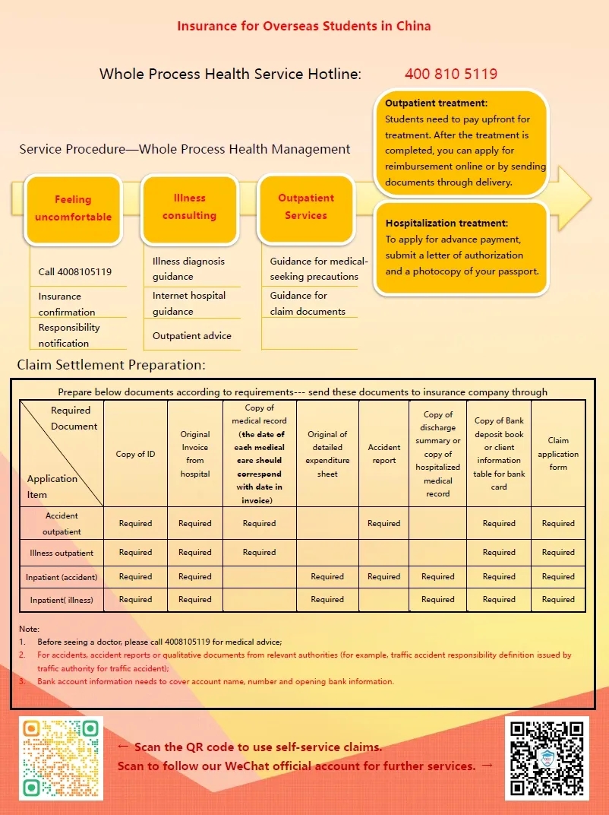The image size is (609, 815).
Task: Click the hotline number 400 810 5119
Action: tap(451, 74)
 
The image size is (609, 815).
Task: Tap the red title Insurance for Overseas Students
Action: tap(304, 26)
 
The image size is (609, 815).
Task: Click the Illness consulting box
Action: tap(189, 207)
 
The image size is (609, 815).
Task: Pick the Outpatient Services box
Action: tap(306, 207)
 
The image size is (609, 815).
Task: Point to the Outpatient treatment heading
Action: tap(436, 103)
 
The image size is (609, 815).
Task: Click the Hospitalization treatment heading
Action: tap(446, 223)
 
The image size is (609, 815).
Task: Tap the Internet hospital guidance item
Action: tap(189, 303)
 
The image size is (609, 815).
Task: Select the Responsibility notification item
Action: tap(69, 335)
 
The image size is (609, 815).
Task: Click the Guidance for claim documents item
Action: tap(308, 303)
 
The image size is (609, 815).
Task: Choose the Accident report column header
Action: tap(383, 454)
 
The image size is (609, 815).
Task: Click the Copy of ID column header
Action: tap(135, 454)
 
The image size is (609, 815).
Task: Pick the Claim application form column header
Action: tap(558, 454)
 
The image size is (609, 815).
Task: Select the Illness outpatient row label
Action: tap(62, 553)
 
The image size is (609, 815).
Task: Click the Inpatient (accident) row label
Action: tap(62, 576)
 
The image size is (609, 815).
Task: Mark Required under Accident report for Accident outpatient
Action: tap(383, 523)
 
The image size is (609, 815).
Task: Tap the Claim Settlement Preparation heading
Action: tap(111, 365)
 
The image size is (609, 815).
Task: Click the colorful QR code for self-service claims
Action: tap(62, 758)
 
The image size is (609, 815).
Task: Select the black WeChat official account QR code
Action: tap(547, 758)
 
